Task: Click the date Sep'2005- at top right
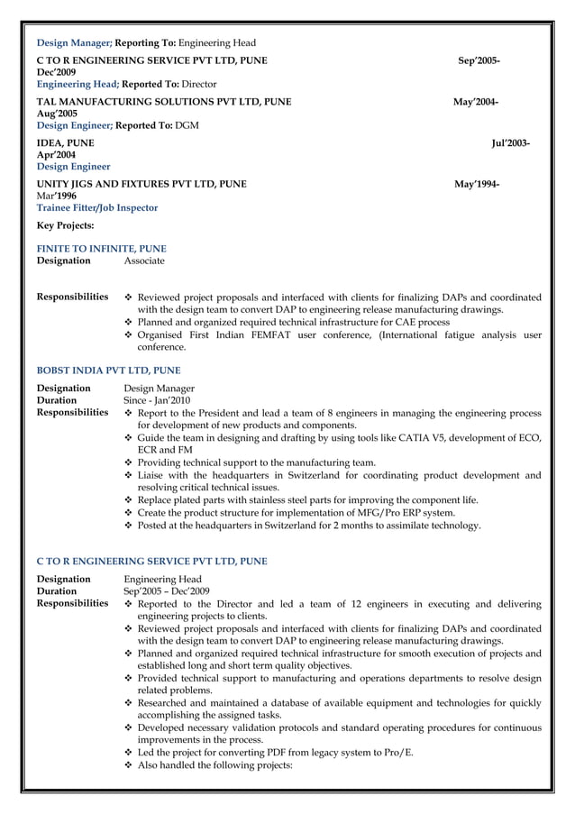click(x=479, y=60)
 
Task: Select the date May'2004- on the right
click(x=475, y=102)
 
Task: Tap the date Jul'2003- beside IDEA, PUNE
click(x=510, y=143)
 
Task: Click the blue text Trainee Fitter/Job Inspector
click(x=96, y=207)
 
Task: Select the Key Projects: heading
click(x=65, y=225)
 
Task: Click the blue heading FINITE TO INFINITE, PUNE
click(x=101, y=249)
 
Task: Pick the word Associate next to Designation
click(x=144, y=261)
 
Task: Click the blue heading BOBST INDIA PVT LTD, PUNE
click(x=108, y=370)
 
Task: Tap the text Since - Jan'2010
click(x=157, y=400)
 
